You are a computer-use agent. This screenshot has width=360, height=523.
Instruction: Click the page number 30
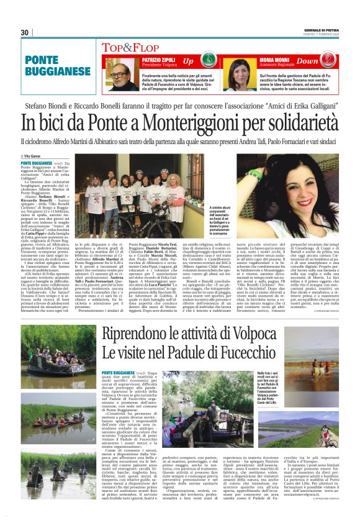tap(25, 32)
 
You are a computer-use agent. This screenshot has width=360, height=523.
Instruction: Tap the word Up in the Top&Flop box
tap(187, 62)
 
